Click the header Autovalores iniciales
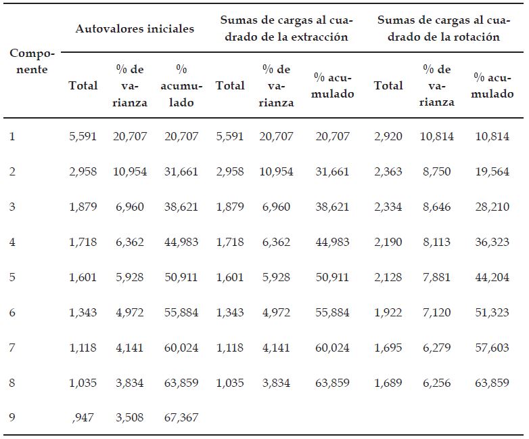135,28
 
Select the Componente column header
32,61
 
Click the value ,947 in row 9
83,418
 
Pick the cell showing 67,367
181,418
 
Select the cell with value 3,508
130,418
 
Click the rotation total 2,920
388,136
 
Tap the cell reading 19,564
492,171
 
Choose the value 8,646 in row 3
436,207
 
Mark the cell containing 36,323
492,242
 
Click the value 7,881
436,277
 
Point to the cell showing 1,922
388,312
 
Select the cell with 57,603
492,348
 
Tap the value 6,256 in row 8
436,383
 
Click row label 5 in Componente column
12,277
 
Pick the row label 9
12,418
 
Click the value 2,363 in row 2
388,171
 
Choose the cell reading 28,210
492,207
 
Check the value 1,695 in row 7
388,348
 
